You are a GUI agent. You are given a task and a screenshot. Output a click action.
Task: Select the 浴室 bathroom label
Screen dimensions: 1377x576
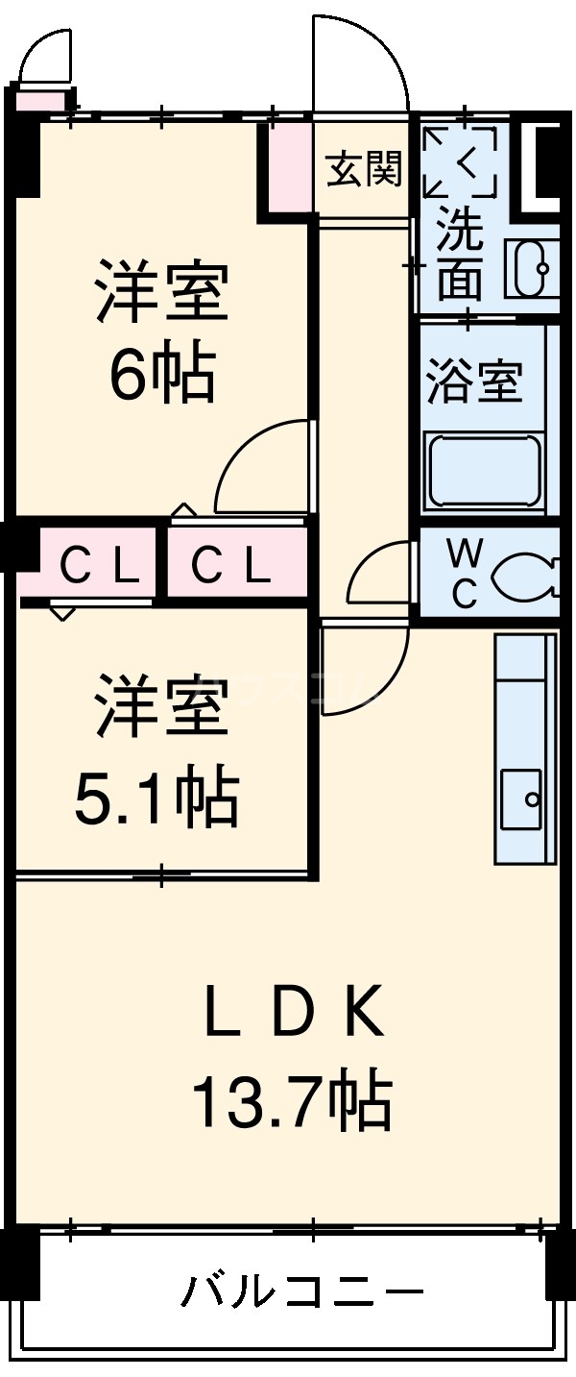(x=474, y=382)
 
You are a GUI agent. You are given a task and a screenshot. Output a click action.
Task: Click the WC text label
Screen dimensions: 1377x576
(x=466, y=574)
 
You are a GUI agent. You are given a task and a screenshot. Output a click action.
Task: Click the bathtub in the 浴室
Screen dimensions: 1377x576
(x=483, y=471)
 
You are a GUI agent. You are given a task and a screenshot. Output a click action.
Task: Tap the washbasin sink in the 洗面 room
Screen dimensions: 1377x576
(x=531, y=266)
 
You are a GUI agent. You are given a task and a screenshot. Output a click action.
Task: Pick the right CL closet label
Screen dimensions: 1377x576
(x=230, y=568)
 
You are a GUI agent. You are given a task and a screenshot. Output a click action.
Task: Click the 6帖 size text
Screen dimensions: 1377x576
(x=161, y=376)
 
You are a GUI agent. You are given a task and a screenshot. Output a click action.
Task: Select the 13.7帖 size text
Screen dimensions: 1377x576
(x=292, y=1102)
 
